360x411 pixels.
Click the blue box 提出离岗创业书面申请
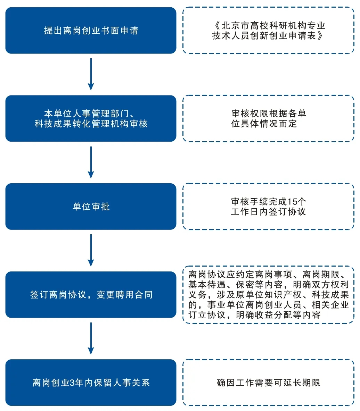pos(91,31)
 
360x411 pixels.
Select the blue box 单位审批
pos(91,207)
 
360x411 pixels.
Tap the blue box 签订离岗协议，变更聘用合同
pos(91,295)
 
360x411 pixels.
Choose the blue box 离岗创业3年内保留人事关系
pos(91,383)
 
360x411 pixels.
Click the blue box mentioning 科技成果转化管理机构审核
pos(91,118)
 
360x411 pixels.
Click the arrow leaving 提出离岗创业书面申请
pos(91,74)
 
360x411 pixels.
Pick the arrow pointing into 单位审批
pos(91,162)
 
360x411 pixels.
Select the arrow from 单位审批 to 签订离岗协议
pos(91,251)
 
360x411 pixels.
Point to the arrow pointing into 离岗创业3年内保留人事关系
pos(91,339)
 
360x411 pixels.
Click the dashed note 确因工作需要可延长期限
pos(268,383)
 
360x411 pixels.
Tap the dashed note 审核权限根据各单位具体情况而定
pos(268,118)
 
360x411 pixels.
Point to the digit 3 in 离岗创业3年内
pos(72,383)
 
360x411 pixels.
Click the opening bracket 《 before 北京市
pos(217,26)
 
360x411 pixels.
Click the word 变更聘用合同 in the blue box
pos(124,295)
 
